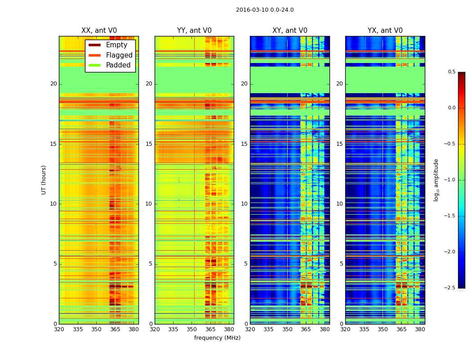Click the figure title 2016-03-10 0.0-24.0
click(265, 10)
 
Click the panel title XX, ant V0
click(98, 31)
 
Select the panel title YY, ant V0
click(194, 31)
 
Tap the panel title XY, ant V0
click(289, 31)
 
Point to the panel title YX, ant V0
click(385, 31)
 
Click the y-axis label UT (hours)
click(44, 180)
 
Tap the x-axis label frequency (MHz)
click(217, 338)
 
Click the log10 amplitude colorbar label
click(436, 180)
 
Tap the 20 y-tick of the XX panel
click(53, 84)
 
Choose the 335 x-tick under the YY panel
click(174, 329)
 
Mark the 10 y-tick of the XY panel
click(245, 204)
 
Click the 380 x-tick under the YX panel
click(420, 329)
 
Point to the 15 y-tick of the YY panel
click(149, 144)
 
